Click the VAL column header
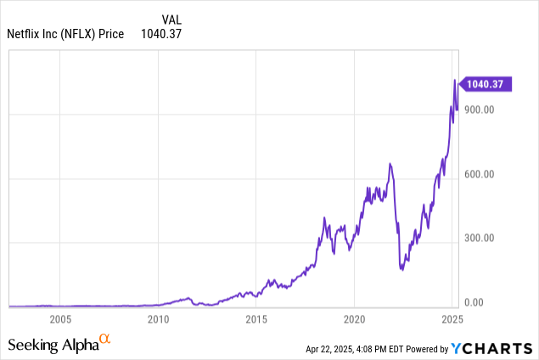[x=171, y=17]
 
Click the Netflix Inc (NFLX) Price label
[x=65, y=33]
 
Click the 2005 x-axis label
[x=59, y=319]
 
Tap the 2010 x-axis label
[x=158, y=319]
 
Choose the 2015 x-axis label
[x=256, y=319]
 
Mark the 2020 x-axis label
[x=355, y=319]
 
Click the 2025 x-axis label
[x=452, y=319]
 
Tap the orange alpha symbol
[x=105, y=339]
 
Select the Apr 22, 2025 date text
[x=334, y=348]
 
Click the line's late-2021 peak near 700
[x=390, y=163]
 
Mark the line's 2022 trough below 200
[x=402, y=270]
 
